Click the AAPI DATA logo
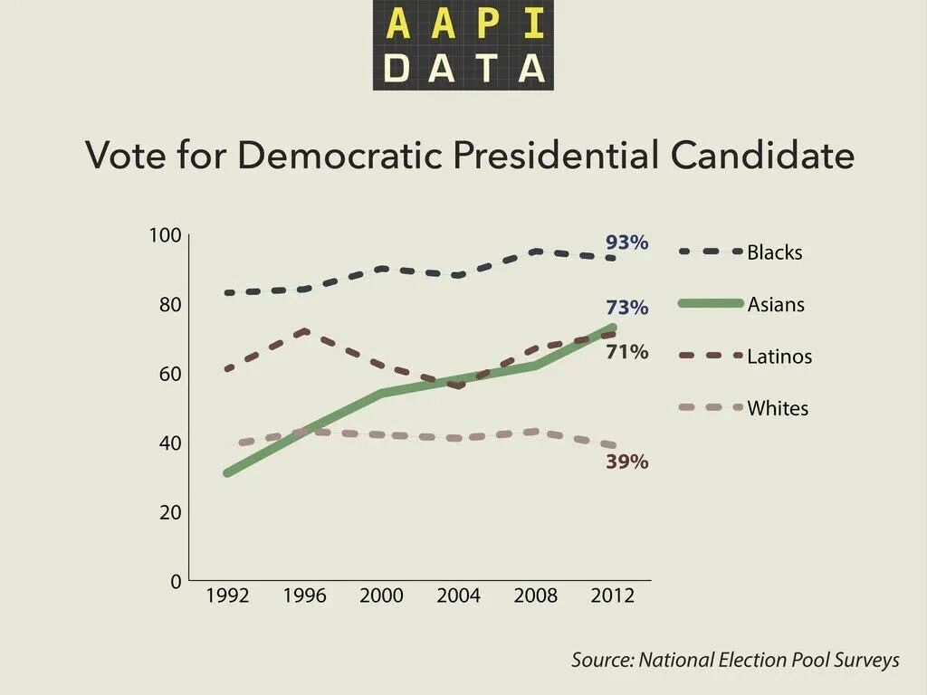tap(463, 45)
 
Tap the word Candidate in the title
tap(762, 156)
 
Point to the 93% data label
tap(626, 243)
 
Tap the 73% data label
tap(626, 308)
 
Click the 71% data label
tap(626, 352)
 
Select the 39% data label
tap(626, 462)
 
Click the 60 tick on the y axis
tap(170, 374)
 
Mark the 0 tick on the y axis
tap(176, 581)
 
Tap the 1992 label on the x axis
tap(227, 596)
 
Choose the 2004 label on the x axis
tap(458, 596)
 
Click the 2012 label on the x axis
tap(612, 596)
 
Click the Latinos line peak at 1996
tap(305, 331)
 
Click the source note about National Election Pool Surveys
tap(735, 660)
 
